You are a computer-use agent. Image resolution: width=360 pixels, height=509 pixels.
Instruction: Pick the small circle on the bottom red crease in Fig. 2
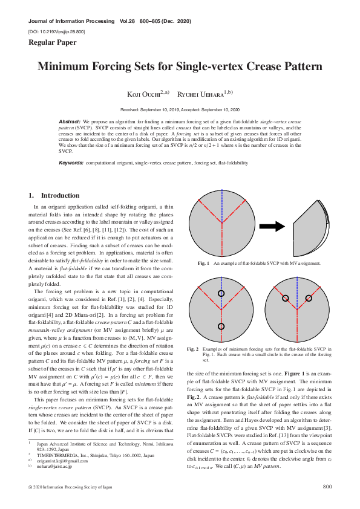[221, 326]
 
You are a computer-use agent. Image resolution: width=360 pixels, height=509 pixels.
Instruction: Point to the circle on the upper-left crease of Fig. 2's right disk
[284, 298]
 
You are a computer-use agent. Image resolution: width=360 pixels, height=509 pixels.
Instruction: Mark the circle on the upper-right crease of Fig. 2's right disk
[308, 298]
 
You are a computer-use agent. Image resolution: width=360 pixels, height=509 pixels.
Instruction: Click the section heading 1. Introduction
[54, 195]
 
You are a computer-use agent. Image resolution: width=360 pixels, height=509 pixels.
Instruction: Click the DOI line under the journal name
[56, 30]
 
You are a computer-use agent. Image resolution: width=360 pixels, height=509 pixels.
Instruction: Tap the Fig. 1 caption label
[203, 264]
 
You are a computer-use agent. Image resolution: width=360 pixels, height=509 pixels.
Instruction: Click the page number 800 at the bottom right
[327, 487]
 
